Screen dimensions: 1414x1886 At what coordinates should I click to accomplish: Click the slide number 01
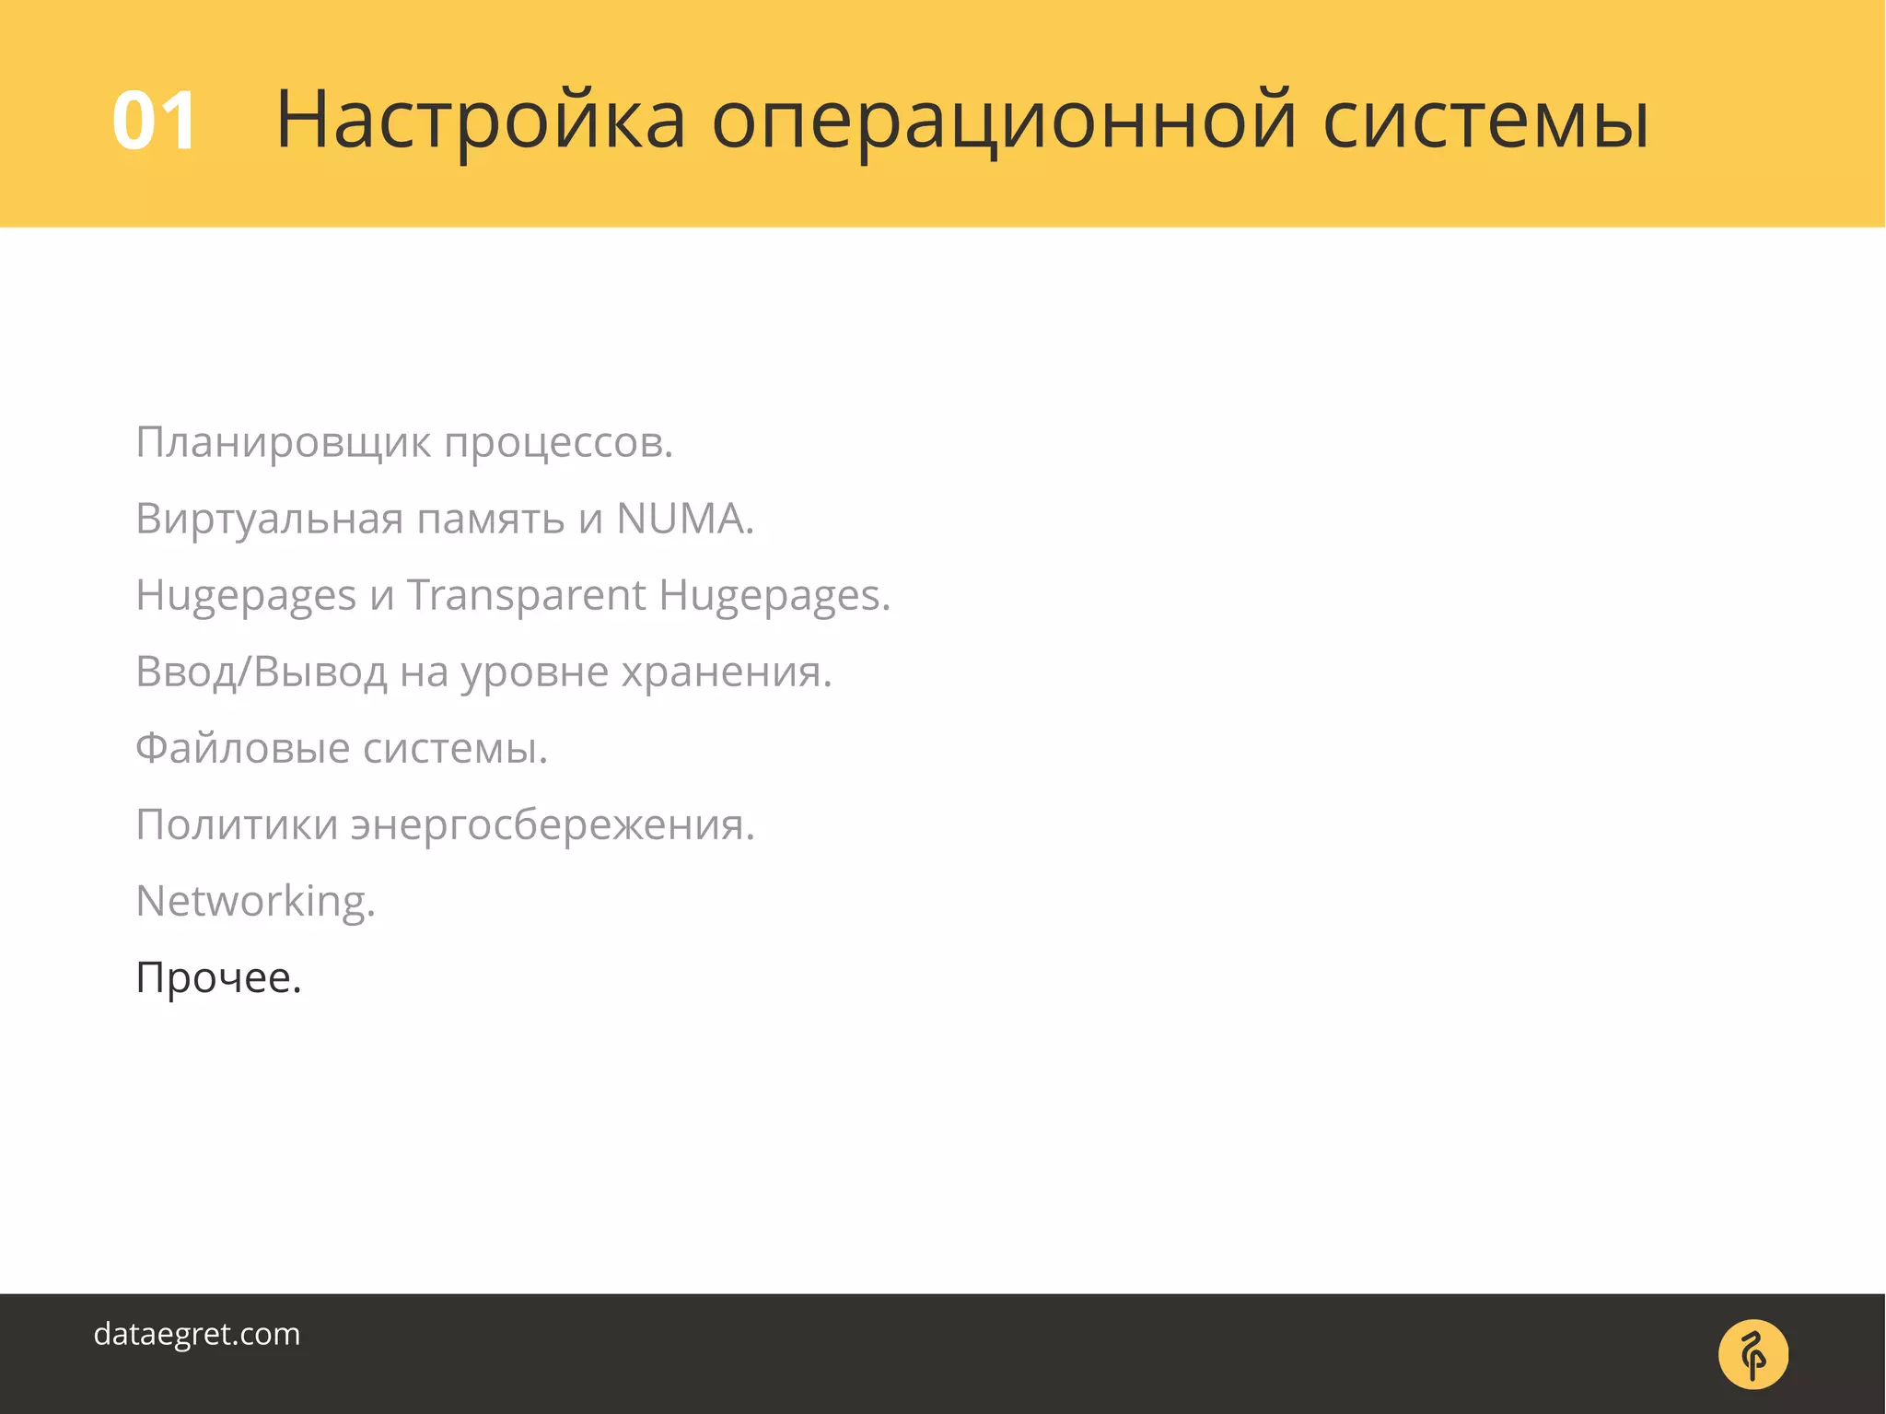click(x=154, y=121)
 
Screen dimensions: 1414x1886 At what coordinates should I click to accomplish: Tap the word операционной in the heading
click(x=1005, y=121)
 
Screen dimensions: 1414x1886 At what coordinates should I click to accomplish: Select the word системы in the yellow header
click(x=1485, y=121)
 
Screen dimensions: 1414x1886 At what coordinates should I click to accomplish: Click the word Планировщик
click(x=283, y=443)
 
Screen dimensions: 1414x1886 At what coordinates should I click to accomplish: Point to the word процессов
click(x=557, y=443)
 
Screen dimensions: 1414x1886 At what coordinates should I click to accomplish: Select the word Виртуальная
click(x=269, y=519)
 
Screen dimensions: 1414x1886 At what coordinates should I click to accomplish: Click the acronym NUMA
click(x=683, y=519)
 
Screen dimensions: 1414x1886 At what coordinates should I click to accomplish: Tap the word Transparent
click(x=526, y=595)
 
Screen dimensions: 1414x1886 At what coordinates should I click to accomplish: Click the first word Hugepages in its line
click(x=246, y=597)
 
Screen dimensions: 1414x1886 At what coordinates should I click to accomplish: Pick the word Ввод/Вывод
click(x=261, y=672)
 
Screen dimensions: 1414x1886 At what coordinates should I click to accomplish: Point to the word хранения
click(x=726, y=672)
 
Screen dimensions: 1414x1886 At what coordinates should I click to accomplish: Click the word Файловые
click(x=242, y=748)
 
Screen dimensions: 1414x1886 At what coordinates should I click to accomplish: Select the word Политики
click(x=237, y=824)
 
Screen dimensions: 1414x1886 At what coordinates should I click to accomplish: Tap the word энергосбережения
click(x=552, y=824)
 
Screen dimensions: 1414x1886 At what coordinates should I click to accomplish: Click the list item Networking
click(x=255, y=901)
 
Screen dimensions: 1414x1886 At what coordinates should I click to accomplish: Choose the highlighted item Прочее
click(x=218, y=977)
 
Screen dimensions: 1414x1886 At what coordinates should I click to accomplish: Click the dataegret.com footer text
click(x=197, y=1335)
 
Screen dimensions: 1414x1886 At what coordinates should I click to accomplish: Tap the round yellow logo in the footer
click(x=1752, y=1354)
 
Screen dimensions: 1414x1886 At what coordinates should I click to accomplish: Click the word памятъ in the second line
click(x=491, y=519)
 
